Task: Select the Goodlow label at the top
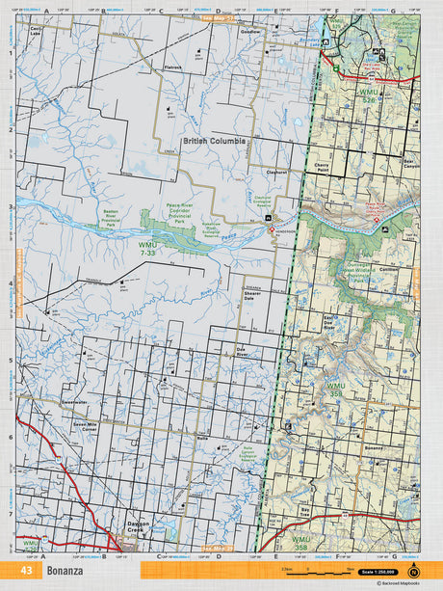(x=250, y=31)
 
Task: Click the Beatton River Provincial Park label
(x=115, y=214)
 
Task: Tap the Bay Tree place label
(x=306, y=508)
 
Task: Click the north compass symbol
(x=414, y=569)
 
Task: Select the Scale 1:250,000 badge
(x=378, y=569)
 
